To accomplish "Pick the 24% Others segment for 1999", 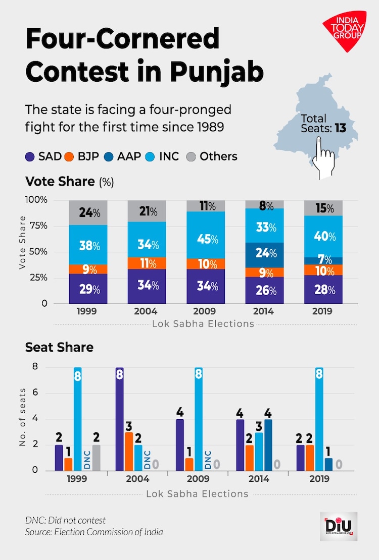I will coord(88,212).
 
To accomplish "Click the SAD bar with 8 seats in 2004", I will coord(120,419).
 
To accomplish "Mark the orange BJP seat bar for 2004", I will coord(129,451).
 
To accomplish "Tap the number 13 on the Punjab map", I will coord(340,128).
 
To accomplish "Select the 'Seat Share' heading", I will coord(59,347).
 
